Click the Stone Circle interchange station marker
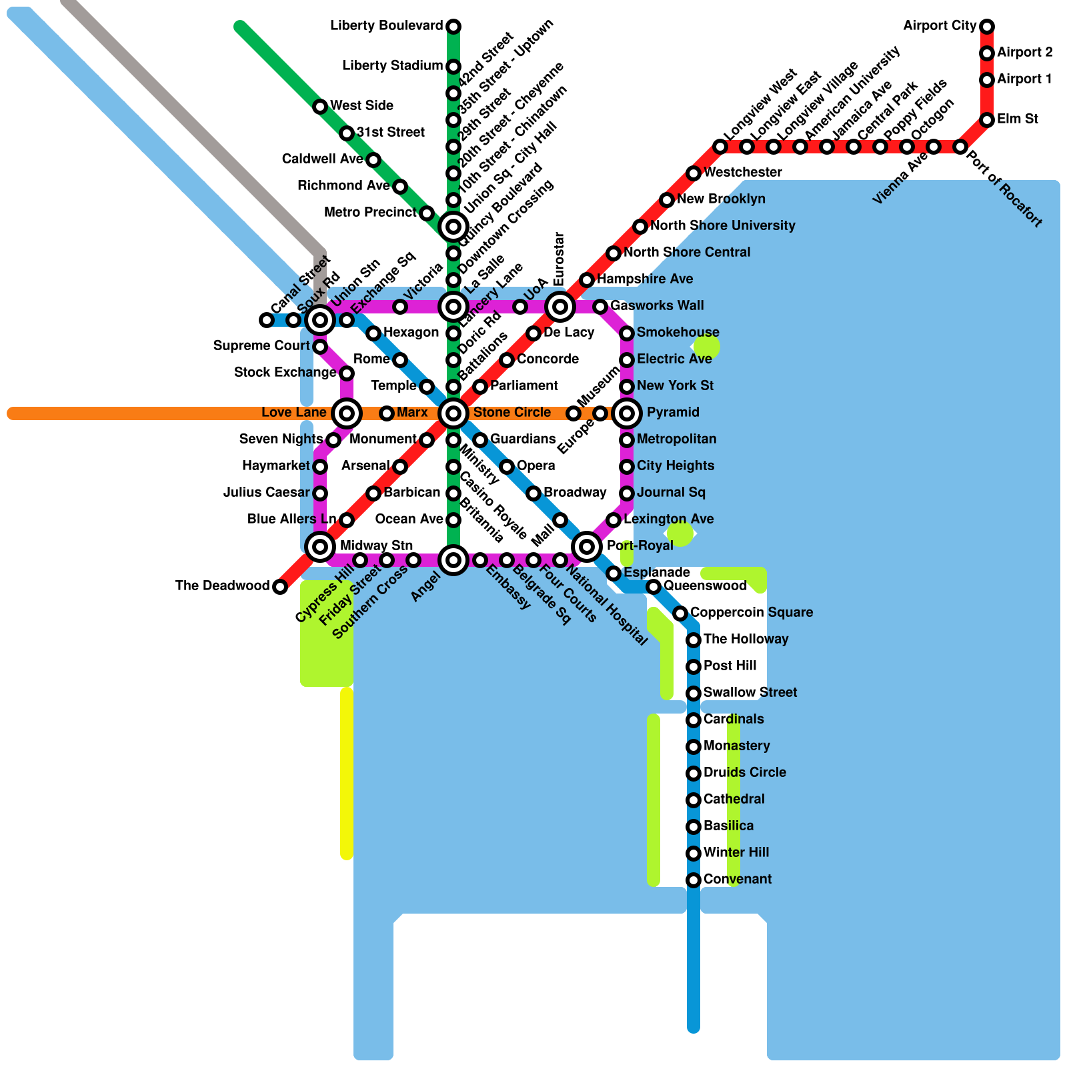pos(453,413)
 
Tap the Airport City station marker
pos(987,27)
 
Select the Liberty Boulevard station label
pos(386,26)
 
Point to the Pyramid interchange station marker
pos(627,413)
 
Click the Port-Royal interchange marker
pos(587,547)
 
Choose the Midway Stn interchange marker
pos(320,547)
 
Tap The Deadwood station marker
pos(280,587)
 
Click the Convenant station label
pos(737,879)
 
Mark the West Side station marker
pos(320,107)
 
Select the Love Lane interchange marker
pos(347,413)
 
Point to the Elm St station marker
pos(987,120)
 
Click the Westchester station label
pos(742,172)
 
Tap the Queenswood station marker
pos(654,587)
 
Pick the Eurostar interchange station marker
pos(560,307)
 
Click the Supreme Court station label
pos(261,345)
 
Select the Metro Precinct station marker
pos(427,213)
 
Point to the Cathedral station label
pos(734,799)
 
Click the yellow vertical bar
pos(347,774)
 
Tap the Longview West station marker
pos(720,147)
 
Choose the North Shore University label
pos(722,225)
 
